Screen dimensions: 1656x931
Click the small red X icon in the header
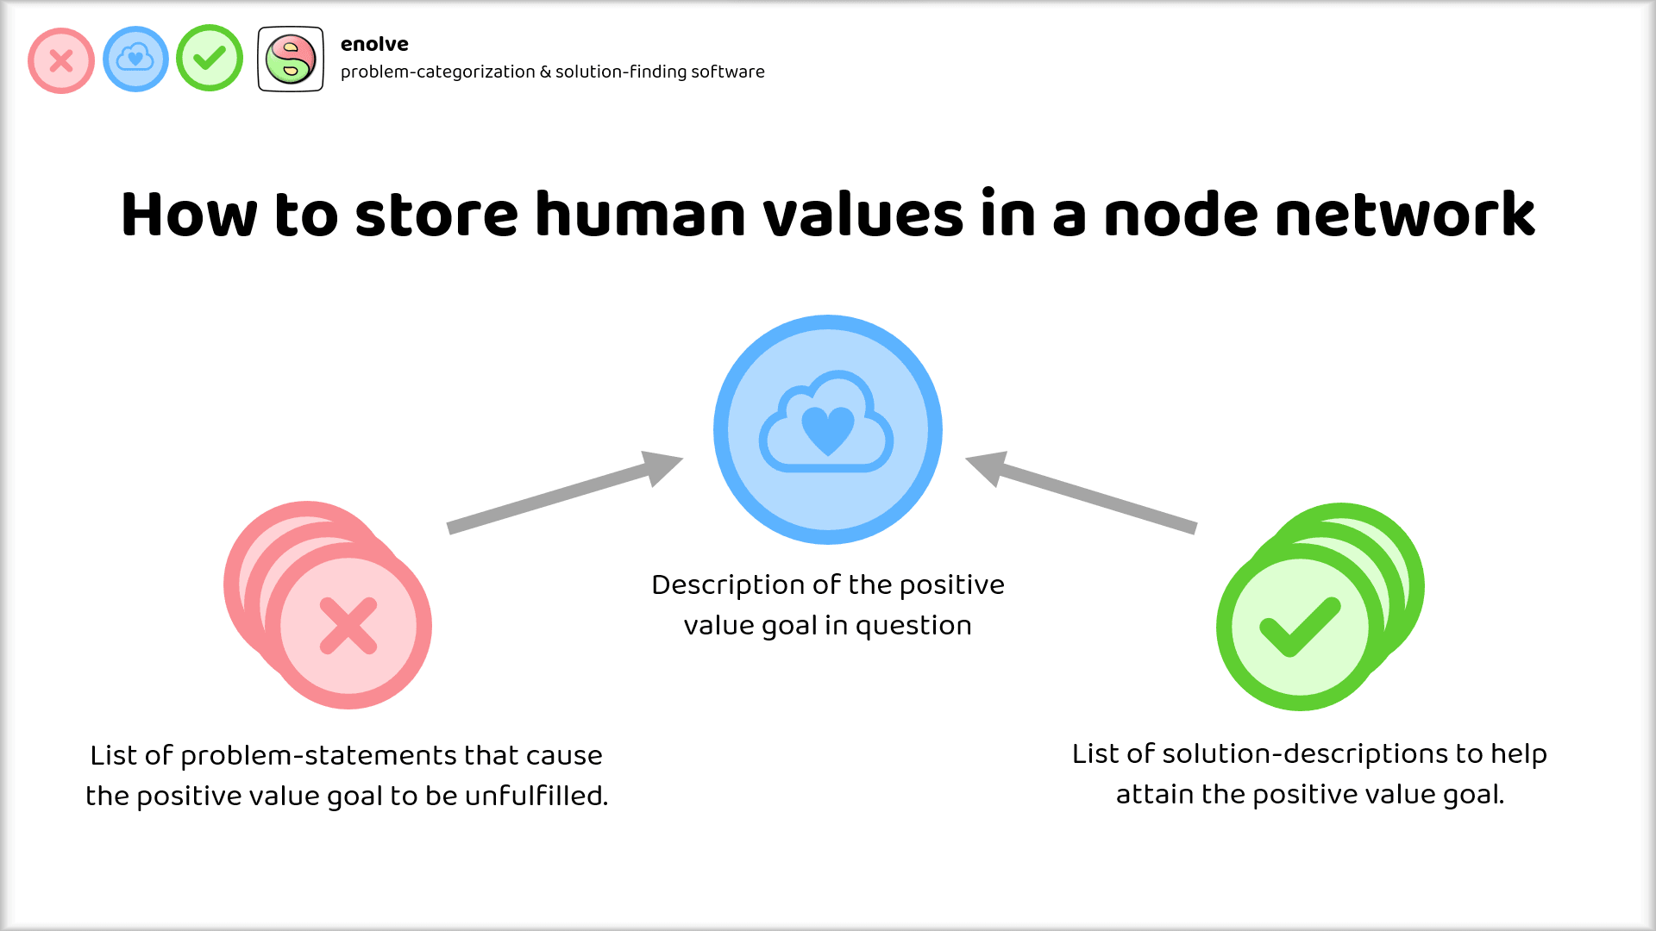pyautogui.click(x=61, y=60)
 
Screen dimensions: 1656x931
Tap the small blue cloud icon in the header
pyautogui.click(x=135, y=59)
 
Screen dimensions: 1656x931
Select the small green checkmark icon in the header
pyautogui.click(x=210, y=58)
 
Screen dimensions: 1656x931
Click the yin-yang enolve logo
pyautogui.click(x=291, y=59)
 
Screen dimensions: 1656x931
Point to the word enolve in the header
pyautogui.click(x=374, y=44)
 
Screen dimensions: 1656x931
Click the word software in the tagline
pyautogui.click(x=727, y=72)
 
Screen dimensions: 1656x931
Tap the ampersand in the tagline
pyautogui.click(x=545, y=72)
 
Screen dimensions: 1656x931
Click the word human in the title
pyautogui.click(x=640, y=215)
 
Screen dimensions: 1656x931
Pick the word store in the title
pyautogui.click(x=436, y=215)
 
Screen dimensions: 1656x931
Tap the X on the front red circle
pyautogui.click(x=348, y=626)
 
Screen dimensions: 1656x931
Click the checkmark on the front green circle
pyautogui.click(x=1300, y=626)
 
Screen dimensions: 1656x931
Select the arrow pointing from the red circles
pyautogui.click(x=565, y=493)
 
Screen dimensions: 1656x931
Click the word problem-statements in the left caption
pyautogui.click(x=318, y=756)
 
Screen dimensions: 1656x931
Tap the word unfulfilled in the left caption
pyautogui.click(x=536, y=796)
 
